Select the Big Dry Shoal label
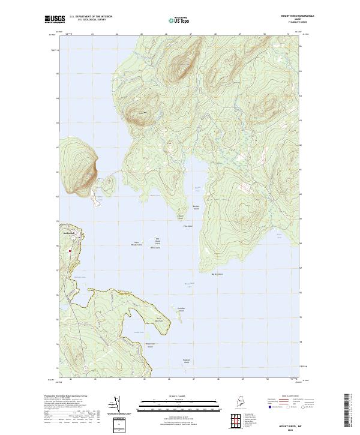tap(217, 274)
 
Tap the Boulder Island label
tap(196, 207)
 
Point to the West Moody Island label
tap(136, 244)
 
